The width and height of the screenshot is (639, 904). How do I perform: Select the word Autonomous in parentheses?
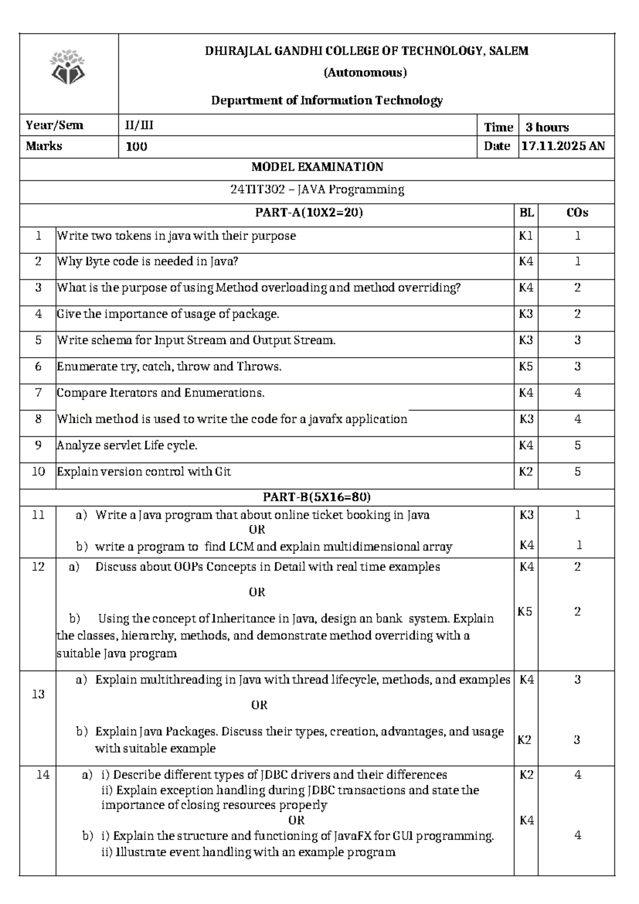[365, 72]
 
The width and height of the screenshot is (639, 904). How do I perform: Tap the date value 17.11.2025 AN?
[563, 146]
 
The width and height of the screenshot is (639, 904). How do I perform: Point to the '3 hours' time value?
[547, 127]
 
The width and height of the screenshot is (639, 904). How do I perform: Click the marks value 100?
[136, 147]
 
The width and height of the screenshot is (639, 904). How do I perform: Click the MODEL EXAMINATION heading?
[317, 167]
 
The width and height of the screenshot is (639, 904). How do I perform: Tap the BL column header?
[526, 213]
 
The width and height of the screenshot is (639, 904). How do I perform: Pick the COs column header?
[577, 213]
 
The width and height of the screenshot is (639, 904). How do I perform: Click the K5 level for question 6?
[526, 367]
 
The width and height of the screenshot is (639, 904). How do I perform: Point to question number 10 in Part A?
[38, 472]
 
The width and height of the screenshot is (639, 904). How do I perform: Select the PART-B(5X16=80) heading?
[317, 497]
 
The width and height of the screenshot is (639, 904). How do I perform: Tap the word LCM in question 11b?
[241, 547]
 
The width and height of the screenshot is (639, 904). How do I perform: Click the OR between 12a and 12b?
[257, 592]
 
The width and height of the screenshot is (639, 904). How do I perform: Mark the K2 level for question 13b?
[525, 740]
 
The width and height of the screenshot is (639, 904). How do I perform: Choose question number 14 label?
[43, 775]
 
